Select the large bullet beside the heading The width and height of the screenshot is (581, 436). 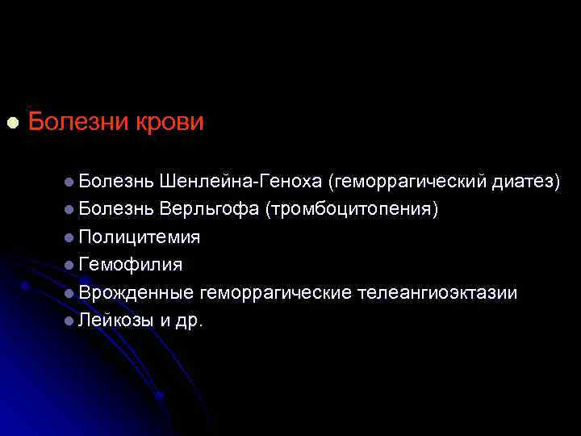click(11, 123)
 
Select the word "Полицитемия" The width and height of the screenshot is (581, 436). click(140, 237)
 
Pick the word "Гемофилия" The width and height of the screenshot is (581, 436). click(130, 265)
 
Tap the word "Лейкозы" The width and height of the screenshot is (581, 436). click(116, 321)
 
